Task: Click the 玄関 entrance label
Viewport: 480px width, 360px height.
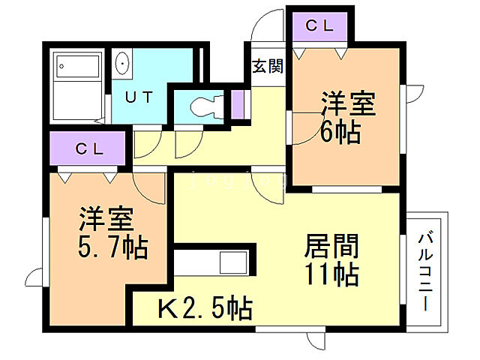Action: (266, 67)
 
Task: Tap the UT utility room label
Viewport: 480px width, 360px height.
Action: (139, 97)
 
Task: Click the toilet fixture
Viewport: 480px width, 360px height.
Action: (204, 105)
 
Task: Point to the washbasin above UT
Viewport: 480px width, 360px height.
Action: (123, 65)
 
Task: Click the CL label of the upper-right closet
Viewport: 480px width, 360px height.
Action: (319, 25)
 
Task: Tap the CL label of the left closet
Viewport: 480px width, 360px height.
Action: (88, 148)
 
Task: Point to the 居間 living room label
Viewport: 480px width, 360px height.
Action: (331, 245)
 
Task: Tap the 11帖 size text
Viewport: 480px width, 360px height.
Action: (331, 273)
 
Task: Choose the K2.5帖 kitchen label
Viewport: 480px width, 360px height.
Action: (203, 307)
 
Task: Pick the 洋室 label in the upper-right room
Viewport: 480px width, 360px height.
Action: (349, 103)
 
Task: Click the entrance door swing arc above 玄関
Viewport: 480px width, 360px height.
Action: (265, 30)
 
